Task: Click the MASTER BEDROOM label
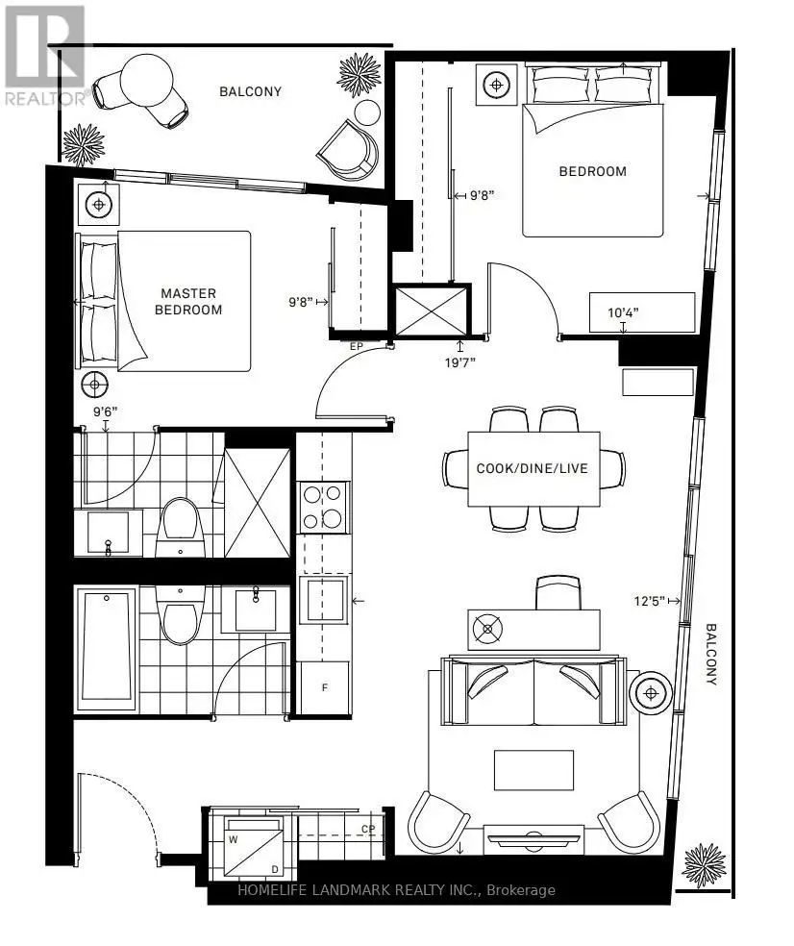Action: point(188,302)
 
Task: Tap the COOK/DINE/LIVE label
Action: point(533,468)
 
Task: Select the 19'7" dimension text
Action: point(460,362)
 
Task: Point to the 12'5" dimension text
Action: point(649,601)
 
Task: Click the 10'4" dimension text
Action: point(623,312)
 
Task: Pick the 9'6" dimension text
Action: point(105,412)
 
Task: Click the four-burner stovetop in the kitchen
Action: point(324,507)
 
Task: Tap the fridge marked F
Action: point(325,687)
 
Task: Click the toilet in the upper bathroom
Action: point(181,527)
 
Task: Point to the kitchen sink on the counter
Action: point(324,599)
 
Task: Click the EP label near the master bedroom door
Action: point(357,347)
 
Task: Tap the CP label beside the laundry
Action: point(368,829)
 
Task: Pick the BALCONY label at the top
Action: point(250,91)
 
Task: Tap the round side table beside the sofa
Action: point(651,693)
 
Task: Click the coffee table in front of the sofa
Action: point(533,770)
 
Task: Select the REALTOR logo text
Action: point(47,98)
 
